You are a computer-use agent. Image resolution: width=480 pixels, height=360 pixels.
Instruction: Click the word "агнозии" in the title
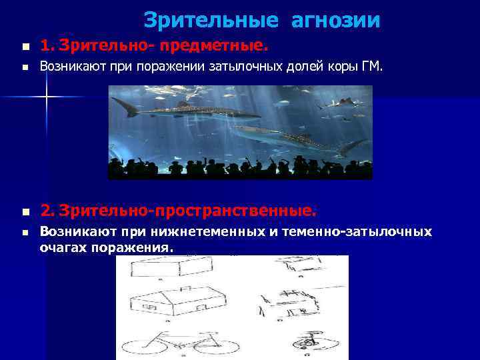pyautogui.click(x=335, y=21)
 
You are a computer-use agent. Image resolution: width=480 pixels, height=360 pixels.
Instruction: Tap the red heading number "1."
pyautogui.click(x=47, y=47)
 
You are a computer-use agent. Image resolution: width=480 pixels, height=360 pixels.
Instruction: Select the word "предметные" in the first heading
pyautogui.click(x=220, y=47)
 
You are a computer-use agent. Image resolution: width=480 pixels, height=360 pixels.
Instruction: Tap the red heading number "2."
pyautogui.click(x=47, y=211)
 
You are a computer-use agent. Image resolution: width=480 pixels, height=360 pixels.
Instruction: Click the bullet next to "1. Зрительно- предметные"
pyautogui.click(x=25, y=47)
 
